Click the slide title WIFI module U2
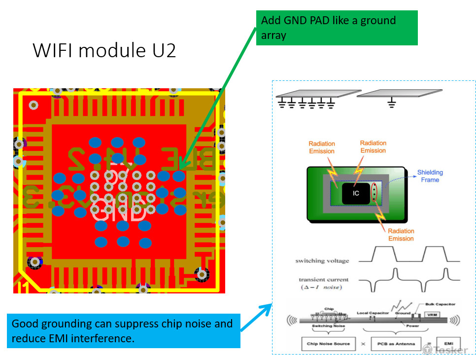click(104, 50)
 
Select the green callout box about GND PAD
click(337, 28)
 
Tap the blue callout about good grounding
click(124, 331)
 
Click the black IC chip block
click(356, 193)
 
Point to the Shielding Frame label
click(430, 176)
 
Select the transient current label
click(323, 280)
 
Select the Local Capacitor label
click(373, 313)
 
